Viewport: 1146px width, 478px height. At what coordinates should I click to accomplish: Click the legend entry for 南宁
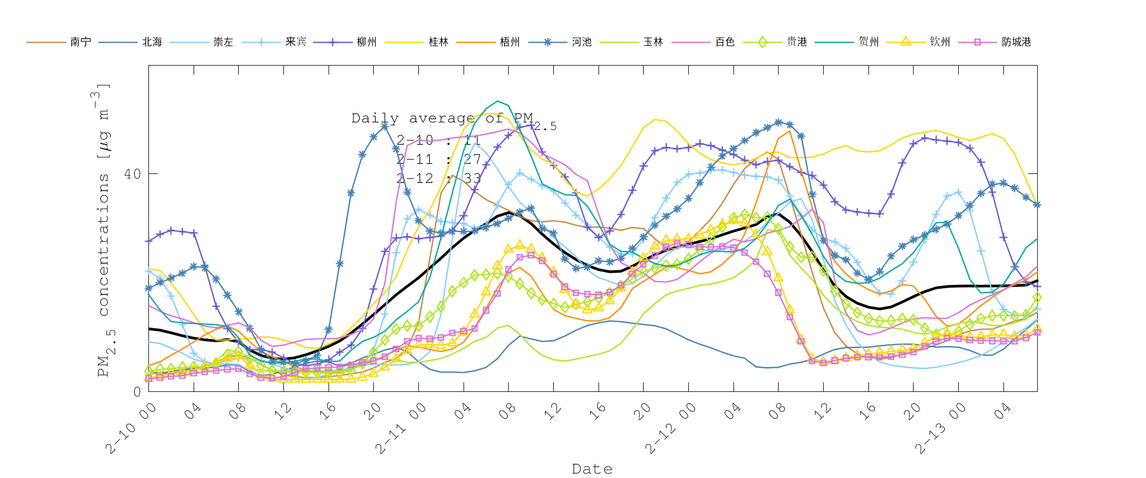pos(80,42)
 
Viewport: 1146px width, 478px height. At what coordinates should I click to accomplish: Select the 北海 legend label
pos(152,42)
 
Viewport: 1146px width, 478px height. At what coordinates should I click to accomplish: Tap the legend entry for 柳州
pos(366,42)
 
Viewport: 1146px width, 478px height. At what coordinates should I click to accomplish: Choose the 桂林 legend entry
pos(438,42)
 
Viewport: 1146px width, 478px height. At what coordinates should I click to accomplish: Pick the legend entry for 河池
pos(581,42)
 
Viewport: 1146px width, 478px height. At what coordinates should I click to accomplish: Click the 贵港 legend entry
pos(796,42)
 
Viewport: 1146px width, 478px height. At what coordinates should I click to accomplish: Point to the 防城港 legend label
pos(1015,42)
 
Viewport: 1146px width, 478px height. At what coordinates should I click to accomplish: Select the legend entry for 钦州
pos(940,42)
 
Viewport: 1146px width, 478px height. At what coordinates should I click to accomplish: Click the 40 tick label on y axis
pos(132,174)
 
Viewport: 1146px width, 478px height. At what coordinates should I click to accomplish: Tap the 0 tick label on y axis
pos(137,391)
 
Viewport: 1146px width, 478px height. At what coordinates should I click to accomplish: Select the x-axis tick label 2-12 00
pos(670,429)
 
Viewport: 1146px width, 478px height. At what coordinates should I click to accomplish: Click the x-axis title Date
pos(592,469)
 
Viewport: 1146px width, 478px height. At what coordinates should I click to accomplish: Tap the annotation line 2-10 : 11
pos(438,140)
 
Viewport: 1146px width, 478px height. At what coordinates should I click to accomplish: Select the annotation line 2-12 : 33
pos(438,178)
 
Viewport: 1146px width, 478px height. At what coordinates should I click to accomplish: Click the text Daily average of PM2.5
pos(453,119)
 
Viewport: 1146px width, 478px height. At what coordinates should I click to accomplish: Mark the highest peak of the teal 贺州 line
pos(498,101)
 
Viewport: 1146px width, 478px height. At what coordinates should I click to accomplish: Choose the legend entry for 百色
pos(725,42)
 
